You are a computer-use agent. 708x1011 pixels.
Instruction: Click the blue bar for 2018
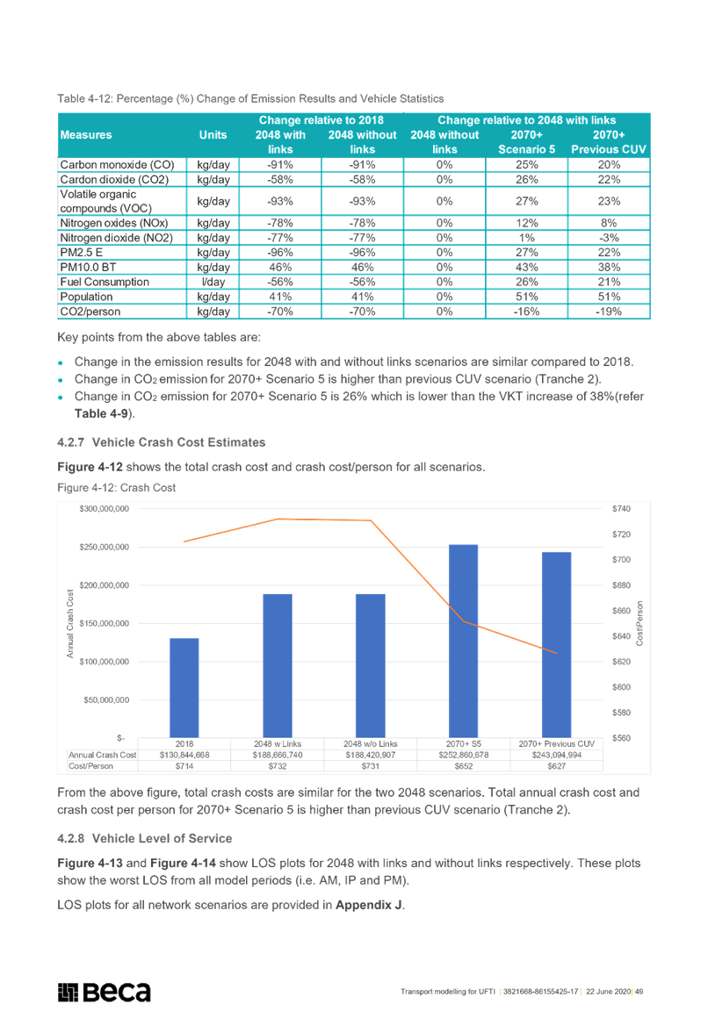(x=184, y=688)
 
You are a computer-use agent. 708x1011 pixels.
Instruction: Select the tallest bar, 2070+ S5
(x=464, y=641)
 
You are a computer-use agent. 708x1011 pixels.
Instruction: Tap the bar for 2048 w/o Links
(x=371, y=666)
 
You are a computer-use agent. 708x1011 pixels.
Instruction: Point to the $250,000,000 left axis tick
(x=104, y=547)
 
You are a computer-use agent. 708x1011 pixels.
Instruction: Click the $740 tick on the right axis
(x=622, y=509)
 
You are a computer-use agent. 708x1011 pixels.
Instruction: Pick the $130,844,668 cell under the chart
(x=184, y=755)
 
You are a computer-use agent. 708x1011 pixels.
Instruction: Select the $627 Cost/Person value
(x=556, y=766)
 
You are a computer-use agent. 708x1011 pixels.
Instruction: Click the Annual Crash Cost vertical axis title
(x=69, y=623)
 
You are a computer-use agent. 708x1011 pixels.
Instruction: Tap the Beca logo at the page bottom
(x=104, y=992)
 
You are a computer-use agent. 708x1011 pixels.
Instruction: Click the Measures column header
(x=86, y=135)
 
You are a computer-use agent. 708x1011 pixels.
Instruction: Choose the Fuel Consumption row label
(x=105, y=282)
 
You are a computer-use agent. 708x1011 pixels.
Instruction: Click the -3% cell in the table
(x=609, y=237)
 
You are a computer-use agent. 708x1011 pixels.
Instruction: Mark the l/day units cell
(x=213, y=282)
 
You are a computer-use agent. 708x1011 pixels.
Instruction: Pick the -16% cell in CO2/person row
(x=527, y=312)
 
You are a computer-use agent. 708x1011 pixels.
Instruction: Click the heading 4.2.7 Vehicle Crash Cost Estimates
(x=162, y=442)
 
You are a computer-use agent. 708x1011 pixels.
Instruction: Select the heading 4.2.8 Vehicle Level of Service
(x=145, y=838)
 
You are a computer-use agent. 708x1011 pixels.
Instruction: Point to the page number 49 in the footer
(x=639, y=992)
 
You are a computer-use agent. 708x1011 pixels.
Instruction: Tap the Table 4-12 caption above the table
(x=250, y=98)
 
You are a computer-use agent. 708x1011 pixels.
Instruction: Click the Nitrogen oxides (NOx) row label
(x=114, y=223)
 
